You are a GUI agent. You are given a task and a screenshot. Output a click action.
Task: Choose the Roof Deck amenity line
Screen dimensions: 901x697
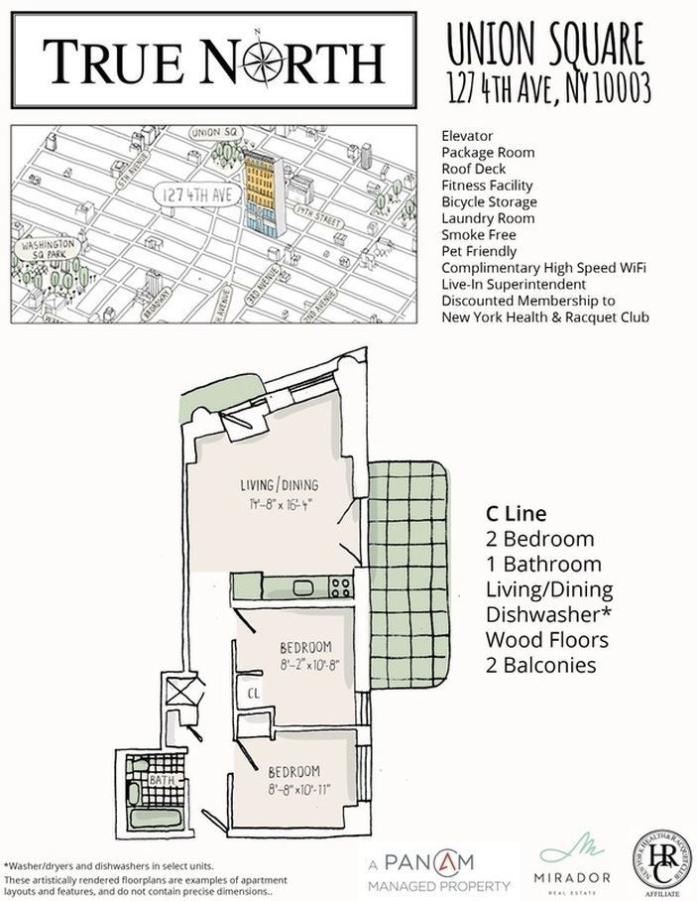tap(474, 169)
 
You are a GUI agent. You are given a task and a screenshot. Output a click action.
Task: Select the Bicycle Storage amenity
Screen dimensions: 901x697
tap(491, 201)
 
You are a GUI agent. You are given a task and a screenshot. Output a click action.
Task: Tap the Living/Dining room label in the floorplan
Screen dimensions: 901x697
tap(279, 485)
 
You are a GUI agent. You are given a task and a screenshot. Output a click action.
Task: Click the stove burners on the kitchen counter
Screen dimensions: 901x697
tap(340, 584)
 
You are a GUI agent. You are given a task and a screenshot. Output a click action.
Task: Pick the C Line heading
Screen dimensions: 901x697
tap(515, 514)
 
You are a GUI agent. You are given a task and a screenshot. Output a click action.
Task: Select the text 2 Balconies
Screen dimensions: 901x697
tap(540, 665)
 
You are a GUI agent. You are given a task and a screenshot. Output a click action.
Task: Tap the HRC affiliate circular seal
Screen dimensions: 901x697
tap(661, 859)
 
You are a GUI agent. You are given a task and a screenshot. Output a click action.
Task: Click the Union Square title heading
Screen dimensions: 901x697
tap(545, 45)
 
